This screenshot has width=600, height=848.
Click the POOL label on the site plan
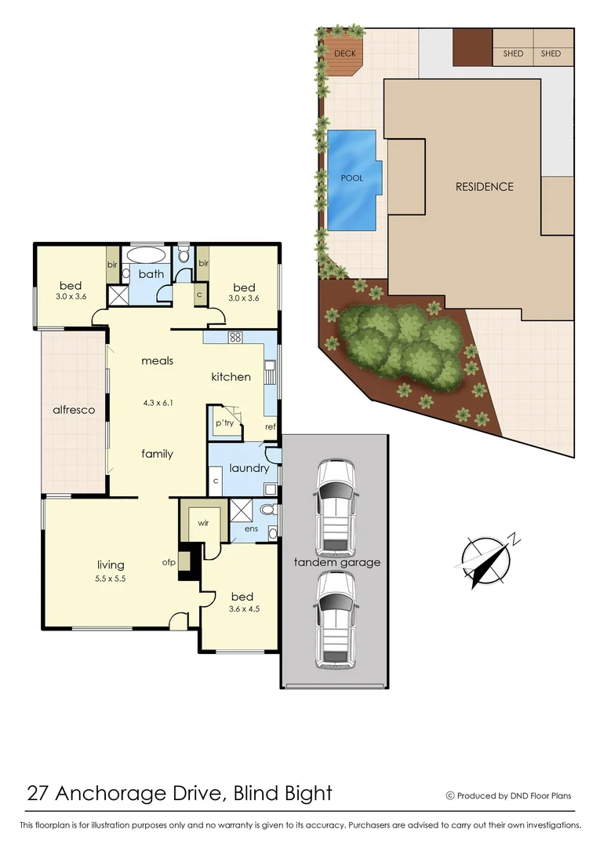tap(352, 178)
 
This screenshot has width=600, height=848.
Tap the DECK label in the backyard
tap(345, 54)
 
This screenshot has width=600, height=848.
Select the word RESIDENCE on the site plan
tap(485, 187)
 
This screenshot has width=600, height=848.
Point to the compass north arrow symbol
tap(485, 561)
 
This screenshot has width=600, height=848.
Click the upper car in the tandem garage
tap(336, 507)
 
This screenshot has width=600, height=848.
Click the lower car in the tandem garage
tap(336, 620)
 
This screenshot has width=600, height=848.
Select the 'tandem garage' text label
tap(336, 562)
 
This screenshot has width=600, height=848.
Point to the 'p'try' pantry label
tap(224, 422)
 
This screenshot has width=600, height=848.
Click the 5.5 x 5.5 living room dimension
tap(111, 578)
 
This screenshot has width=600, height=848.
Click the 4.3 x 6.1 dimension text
tap(157, 404)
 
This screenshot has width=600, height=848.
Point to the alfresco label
tap(74, 410)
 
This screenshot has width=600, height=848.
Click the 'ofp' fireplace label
tap(168, 561)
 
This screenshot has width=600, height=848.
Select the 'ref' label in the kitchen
tap(270, 428)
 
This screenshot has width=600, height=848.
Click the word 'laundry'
tap(249, 469)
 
